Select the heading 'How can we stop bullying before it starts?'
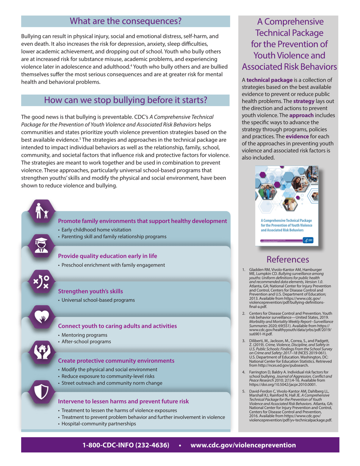coord(125,100)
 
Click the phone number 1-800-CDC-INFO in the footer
coord(126,445)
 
